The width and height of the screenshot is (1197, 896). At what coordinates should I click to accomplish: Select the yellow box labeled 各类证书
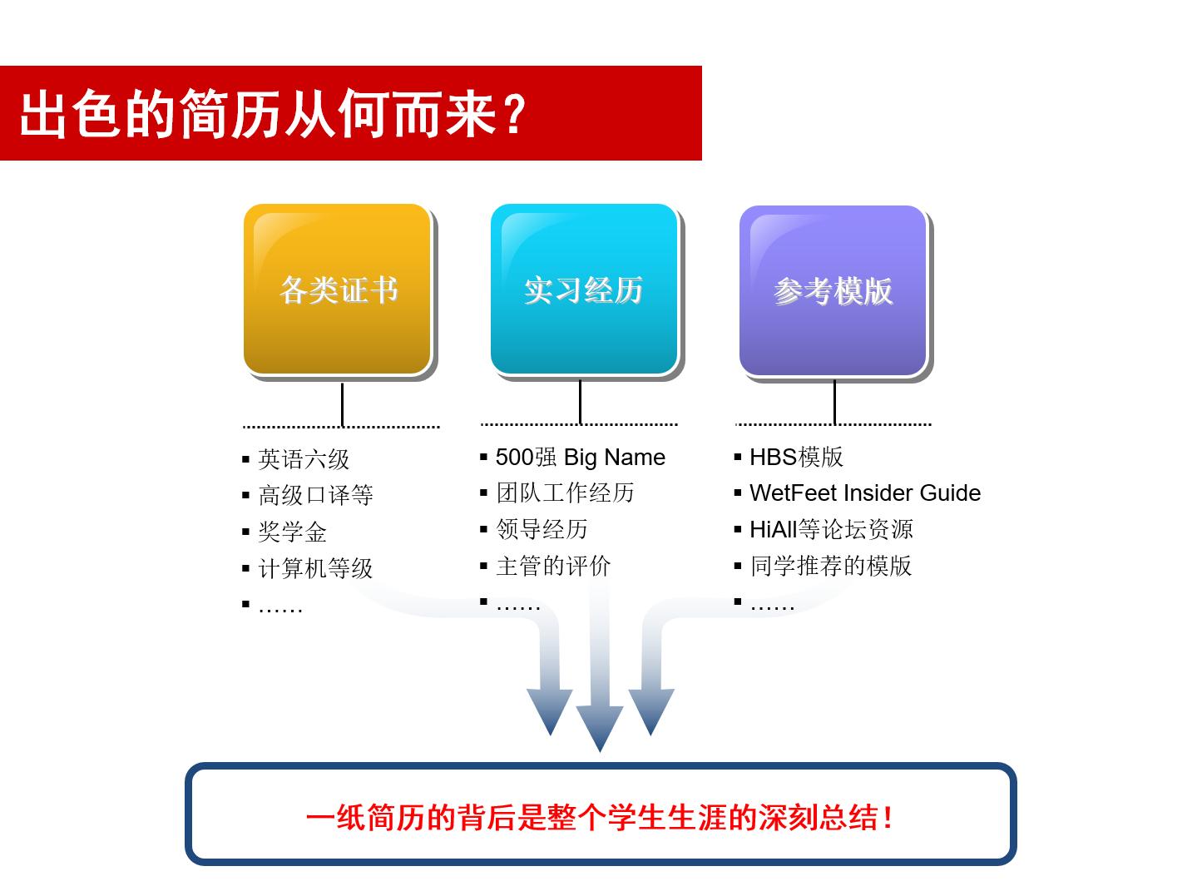pyautogui.click(x=338, y=290)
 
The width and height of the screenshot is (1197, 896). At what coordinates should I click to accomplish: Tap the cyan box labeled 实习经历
pyautogui.click(x=584, y=290)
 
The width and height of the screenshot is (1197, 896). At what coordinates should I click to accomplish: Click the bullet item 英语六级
pyautogui.click(x=304, y=459)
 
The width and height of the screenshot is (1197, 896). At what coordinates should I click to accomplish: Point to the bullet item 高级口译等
pyautogui.click(x=315, y=496)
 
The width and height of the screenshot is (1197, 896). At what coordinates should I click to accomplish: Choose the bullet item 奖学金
pyautogui.click(x=292, y=532)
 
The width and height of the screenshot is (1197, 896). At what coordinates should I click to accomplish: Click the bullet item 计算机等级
pyautogui.click(x=315, y=569)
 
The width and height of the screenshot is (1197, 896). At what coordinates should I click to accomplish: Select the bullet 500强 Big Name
pyautogui.click(x=580, y=458)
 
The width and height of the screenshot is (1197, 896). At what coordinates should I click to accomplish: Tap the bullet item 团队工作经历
pyautogui.click(x=565, y=493)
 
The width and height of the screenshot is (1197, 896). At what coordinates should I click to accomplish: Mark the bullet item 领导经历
pyautogui.click(x=542, y=529)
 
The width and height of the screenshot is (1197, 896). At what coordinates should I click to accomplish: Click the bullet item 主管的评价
pyautogui.click(x=553, y=567)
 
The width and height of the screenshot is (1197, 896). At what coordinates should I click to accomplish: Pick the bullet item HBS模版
pyautogui.click(x=796, y=457)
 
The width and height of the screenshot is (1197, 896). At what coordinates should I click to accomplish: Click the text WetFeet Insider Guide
pyautogui.click(x=865, y=493)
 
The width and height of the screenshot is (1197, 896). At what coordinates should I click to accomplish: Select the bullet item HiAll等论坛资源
pyautogui.click(x=831, y=529)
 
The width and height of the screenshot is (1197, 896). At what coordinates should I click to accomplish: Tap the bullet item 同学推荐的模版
pyautogui.click(x=830, y=566)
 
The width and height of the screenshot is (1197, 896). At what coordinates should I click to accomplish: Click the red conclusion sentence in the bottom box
pyautogui.click(x=600, y=817)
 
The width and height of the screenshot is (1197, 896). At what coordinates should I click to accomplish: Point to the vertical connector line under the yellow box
pyautogui.click(x=342, y=404)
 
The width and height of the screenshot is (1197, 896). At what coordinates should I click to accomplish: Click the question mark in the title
pyautogui.click(x=514, y=114)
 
